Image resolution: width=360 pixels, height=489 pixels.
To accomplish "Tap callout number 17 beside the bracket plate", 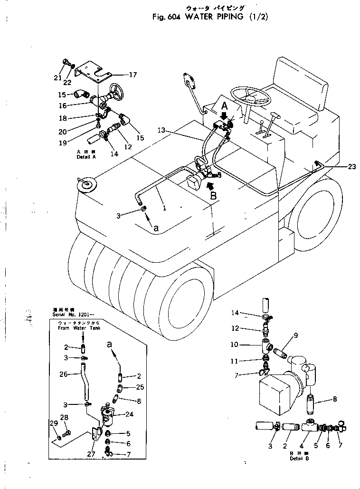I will tap(132, 74).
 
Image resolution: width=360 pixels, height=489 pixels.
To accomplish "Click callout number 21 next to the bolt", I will tap(58, 77).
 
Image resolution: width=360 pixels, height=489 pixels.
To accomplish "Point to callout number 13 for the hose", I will tap(161, 130).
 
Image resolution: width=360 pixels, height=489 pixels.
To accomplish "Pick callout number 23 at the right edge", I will tap(351, 166).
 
